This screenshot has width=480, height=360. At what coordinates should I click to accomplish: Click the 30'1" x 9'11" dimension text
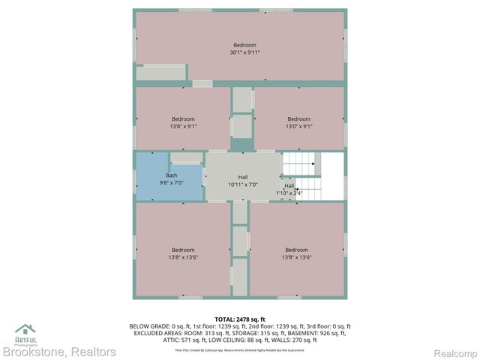pos(244,52)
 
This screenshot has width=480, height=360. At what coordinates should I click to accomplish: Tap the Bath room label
pos(172,175)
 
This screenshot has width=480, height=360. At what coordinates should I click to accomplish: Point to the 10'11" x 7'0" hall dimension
pos(243,184)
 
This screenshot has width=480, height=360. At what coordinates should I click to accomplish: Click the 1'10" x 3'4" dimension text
pos(289,193)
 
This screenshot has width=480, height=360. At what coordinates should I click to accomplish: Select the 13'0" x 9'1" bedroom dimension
pos(298,126)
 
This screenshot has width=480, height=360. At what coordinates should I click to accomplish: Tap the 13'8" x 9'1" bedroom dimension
pos(183,126)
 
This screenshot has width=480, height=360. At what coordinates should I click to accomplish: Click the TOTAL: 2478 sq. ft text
pos(240,320)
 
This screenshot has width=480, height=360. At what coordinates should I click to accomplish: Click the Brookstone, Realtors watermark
pos(59,352)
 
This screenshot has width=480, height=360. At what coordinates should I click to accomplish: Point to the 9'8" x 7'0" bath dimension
pos(172,183)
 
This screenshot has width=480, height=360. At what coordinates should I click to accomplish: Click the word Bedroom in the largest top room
pos(244,45)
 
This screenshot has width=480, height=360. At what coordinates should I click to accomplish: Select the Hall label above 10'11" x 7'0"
pos(243,177)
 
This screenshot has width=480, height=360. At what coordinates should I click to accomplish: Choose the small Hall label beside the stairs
pos(289,186)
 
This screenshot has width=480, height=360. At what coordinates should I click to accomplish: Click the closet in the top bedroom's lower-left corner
pos(160,73)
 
